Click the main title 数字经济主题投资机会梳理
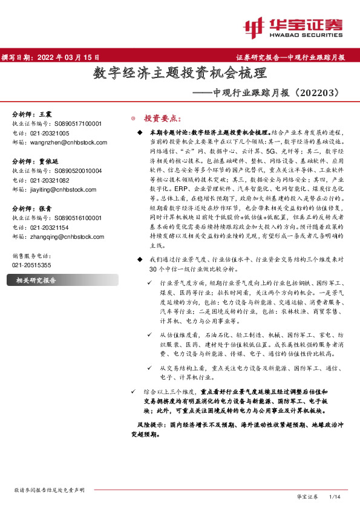pos(180,74)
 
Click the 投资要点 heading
pos(162,118)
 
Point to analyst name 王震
pos(45,114)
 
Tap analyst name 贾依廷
pos(49,162)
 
